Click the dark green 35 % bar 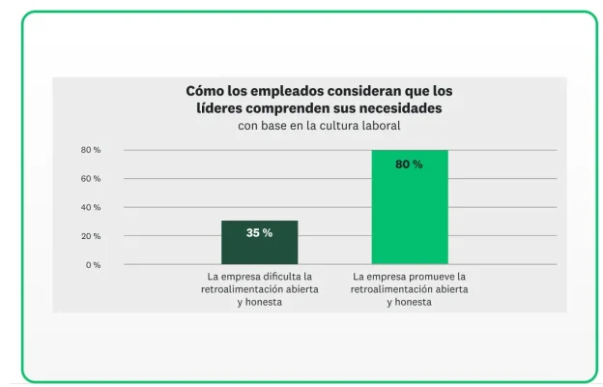click(259, 244)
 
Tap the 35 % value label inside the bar click(259, 233)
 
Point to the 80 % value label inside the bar click(409, 164)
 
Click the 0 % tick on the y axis click(92, 264)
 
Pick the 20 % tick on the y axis click(91, 236)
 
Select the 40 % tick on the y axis click(91, 207)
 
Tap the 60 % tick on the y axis click(91, 179)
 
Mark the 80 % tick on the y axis click(91, 150)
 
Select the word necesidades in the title click(398, 108)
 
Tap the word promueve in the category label click(429, 276)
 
